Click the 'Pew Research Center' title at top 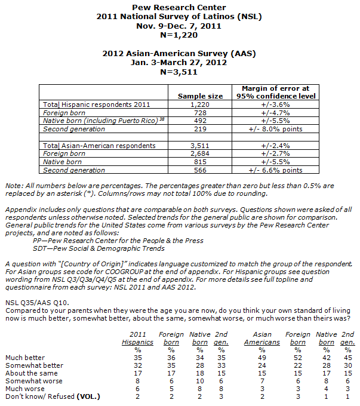click(180, 7)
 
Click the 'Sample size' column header click(200, 96)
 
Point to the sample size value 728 click(200, 112)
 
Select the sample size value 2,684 click(200, 153)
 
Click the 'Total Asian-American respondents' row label click(100, 145)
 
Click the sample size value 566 click(200, 170)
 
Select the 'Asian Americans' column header click(263, 338)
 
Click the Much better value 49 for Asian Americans click(263, 358)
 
